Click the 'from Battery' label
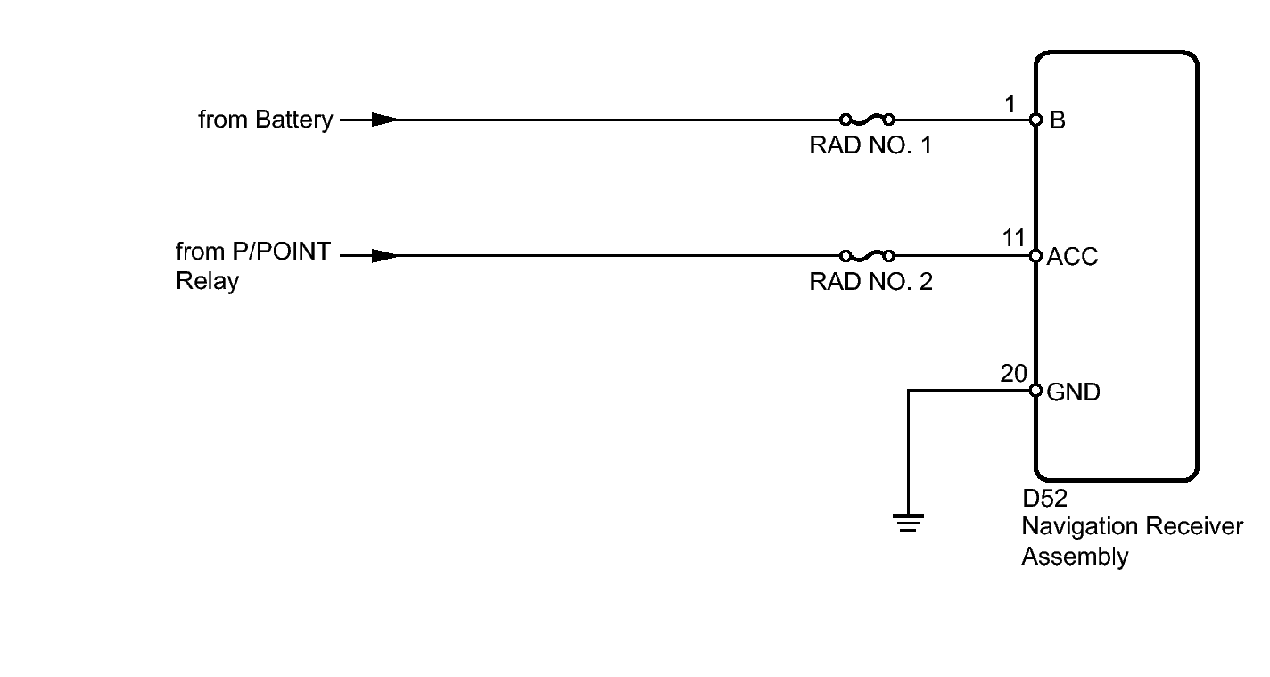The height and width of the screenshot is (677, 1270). pyautogui.click(x=265, y=120)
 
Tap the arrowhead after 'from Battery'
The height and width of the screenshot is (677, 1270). pyautogui.click(x=384, y=120)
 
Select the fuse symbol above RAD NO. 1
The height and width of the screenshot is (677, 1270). pyautogui.click(x=867, y=119)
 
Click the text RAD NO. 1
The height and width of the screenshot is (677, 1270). pyautogui.click(x=870, y=145)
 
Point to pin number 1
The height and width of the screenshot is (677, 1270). pyautogui.click(x=1010, y=104)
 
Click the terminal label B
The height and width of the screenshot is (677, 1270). pyautogui.click(x=1057, y=120)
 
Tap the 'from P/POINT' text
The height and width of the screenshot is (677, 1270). pyautogui.click(x=253, y=252)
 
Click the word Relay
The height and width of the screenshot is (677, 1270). pyautogui.click(x=207, y=281)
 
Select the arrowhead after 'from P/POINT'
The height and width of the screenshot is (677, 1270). pyautogui.click(x=384, y=256)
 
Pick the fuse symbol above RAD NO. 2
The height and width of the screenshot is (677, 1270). pyautogui.click(x=867, y=255)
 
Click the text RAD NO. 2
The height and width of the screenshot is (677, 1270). pyautogui.click(x=870, y=282)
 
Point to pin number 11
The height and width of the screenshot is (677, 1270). pyautogui.click(x=1013, y=239)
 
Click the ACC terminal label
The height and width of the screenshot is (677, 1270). pyautogui.click(x=1072, y=257)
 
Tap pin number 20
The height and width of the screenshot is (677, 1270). pyautogui.click(x=1013, y=374)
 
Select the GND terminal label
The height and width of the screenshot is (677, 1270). pyautogui.click(x=1073, y=392)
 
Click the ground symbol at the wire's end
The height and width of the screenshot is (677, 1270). pyautogui.click(x=908, y=522)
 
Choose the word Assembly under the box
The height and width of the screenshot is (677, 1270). pyautogui.click(x=1075, y=557)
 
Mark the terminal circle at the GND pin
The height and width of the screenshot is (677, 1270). pyautogui.click(x=1035, y=391)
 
